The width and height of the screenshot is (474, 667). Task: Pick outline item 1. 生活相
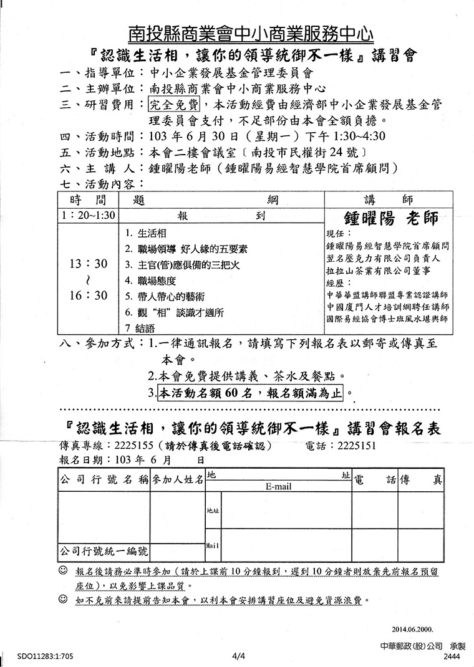[x=145, y=234]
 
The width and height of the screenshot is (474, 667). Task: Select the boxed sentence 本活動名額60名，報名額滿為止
[x=251, y=393]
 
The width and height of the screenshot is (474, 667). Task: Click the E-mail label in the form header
[x=278, y=486]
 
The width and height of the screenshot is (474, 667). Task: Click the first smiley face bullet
[x=64, y=571]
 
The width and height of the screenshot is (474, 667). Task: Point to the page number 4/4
[x=238, y=656]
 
